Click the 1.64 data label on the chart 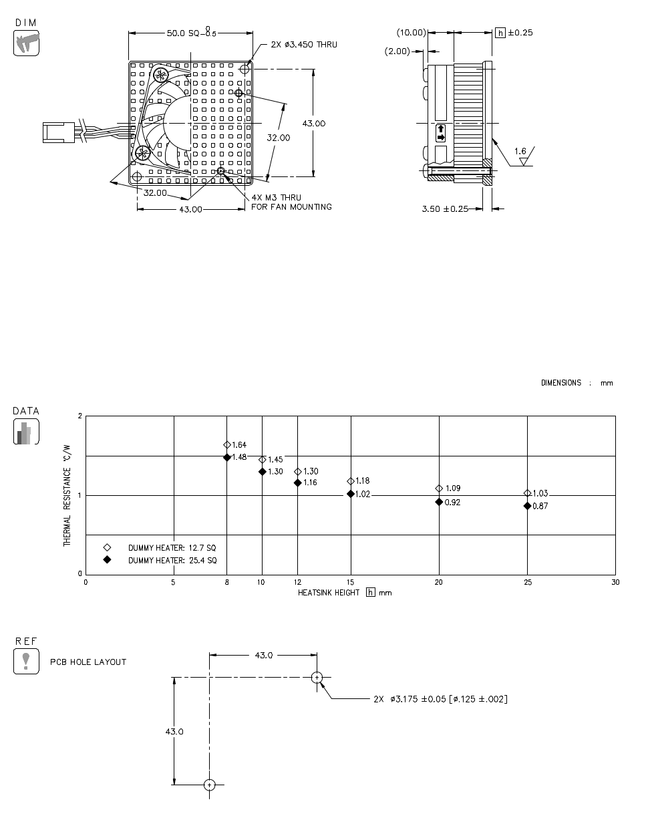pos(239,445)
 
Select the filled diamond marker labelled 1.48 pos(227,457)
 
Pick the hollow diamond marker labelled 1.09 pos(439,489)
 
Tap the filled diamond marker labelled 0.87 pos(527,506)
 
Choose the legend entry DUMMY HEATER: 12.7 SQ pos(172,547)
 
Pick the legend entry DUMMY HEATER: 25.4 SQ pos(172,560)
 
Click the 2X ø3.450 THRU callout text pos(304,45)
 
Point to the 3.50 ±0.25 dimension pos(445,209)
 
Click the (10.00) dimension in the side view pos(411,33)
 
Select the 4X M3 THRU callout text pos(276,198)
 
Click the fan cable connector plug pos(57,132)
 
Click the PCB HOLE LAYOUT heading pos(88,662)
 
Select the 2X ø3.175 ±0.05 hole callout pos(440,699)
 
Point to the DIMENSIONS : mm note pos(577,383)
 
